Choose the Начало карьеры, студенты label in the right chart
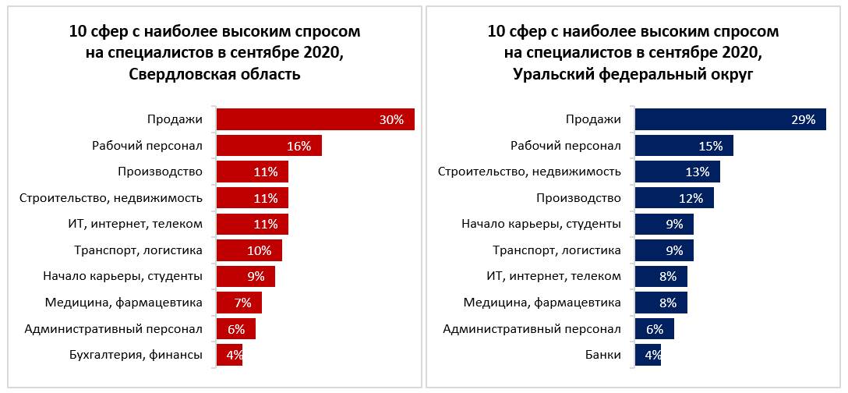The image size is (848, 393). click(541, 225)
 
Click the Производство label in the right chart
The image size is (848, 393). click(580, 198)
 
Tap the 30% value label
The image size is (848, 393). click(390, 119)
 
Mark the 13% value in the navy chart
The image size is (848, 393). click(698, 172)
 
